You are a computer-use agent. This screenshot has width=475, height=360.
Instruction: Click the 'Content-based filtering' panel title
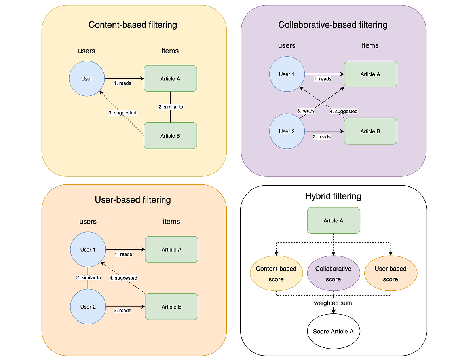[x=133, y=25]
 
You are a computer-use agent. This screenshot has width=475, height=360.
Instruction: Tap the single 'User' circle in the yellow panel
[x=87, y=79]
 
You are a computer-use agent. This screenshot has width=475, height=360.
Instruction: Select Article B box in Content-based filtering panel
[x=170, y=136]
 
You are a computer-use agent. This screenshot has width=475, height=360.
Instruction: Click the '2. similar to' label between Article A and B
[x=171, y=107]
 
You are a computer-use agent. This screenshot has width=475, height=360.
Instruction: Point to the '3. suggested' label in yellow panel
[x=122, y=113]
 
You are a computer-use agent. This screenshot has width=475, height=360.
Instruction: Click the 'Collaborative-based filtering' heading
[x=333, y=25]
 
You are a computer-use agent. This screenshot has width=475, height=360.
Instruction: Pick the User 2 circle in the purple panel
[x=287, y=131]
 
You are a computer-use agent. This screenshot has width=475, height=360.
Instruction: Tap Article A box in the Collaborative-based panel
[x=370, y=74]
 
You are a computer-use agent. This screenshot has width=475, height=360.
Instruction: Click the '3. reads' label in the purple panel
[x=306, y=111]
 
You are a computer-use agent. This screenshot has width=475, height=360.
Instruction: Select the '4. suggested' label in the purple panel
[x=344, y=112]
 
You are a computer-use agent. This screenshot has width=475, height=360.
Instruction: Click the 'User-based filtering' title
[x=133, y=199]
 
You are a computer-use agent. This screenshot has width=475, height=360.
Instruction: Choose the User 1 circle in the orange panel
[x=88, y=250]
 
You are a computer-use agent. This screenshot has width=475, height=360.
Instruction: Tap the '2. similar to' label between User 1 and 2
[x=89, y=278]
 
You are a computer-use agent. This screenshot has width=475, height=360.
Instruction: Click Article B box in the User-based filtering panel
[x=171, y=307]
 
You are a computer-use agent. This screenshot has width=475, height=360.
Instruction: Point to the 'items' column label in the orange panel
[x=171, y=222]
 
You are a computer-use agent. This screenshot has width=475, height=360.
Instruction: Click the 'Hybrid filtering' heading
[x=333, y=196]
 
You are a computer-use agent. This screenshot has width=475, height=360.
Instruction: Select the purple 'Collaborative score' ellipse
[x=333, y=274]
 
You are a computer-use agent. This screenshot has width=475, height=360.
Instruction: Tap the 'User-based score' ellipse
[x=390, y=274]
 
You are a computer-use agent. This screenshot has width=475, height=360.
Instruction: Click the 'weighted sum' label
[x=333, y=303]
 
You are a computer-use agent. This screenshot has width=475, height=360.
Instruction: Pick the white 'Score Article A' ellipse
[x=333, y=332]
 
